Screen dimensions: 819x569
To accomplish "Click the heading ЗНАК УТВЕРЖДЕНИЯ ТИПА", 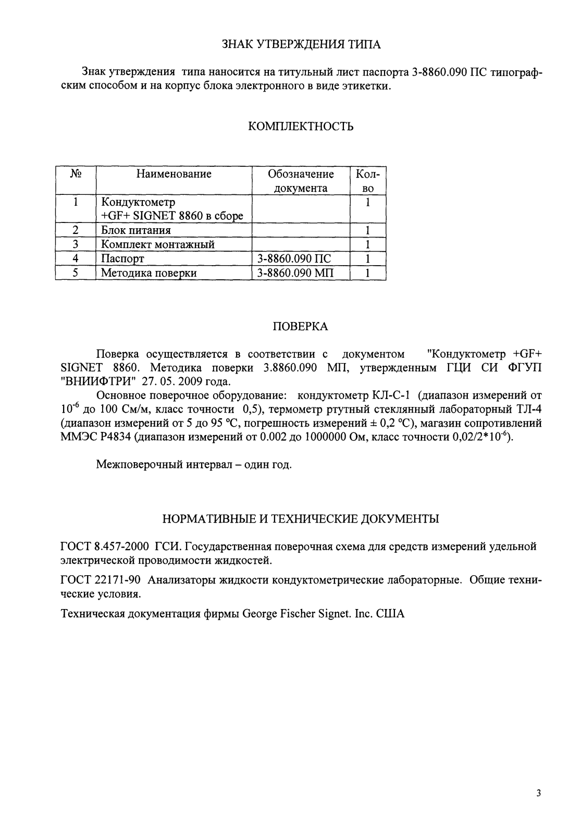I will pos(302,44).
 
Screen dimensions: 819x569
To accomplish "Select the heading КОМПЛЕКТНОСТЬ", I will pos(301,127).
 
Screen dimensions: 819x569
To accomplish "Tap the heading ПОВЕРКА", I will pos(301,327).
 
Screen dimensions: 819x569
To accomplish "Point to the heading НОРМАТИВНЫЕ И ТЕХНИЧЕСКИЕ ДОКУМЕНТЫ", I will pos(301,519).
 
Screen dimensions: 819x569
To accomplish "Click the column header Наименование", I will pos(174,174).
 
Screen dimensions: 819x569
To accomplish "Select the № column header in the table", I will pos(76,174).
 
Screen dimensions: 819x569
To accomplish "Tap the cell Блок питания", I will pos(136,230).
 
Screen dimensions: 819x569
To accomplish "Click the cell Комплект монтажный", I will pos(157,244).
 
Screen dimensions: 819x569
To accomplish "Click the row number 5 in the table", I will pos(76,272).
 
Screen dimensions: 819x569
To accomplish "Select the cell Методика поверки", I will pos(149,272).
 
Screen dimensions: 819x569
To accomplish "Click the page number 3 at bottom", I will pos(538,793).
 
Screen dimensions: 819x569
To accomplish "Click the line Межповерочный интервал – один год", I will pos(194,464).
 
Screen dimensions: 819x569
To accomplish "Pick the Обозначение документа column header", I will pos(301,181).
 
